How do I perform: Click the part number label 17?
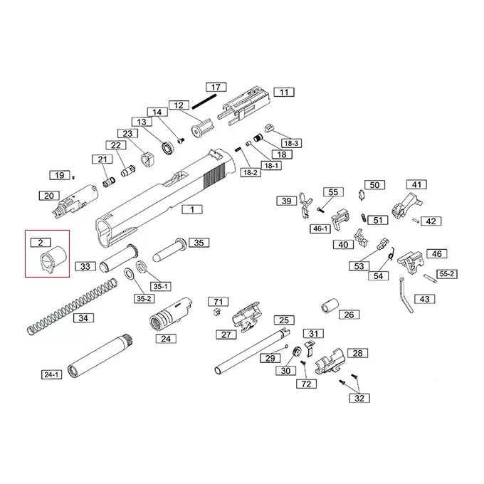(x=216, y=88)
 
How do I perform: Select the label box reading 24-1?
(x=51, y=374)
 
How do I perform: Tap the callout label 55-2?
(x=447, y=274)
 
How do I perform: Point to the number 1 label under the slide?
(x=192, y=209)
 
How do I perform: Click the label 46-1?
(x=320, y=228)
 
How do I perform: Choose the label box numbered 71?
(x=219, y=302)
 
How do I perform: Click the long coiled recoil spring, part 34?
(x=72, y=307)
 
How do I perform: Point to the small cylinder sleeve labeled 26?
(x=330, y=305)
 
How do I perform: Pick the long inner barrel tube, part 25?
(x=252, y=352)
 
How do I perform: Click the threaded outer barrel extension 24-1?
(x=101, y=356)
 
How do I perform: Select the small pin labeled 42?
(x=416, y=220)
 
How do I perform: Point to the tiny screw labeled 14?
(x=181, y=140)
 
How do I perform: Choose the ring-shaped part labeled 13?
(x=168, y=147)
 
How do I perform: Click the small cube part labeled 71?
(x=218, y=312)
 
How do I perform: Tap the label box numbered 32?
(x=359, y=398)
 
